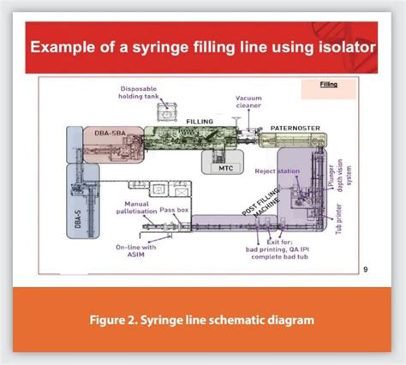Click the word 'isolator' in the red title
click(x=341, y=45)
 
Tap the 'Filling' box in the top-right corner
click(x=328, y=84)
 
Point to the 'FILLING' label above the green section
click(x=200, y=122)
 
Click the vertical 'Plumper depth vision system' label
click(x=340, y=176)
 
